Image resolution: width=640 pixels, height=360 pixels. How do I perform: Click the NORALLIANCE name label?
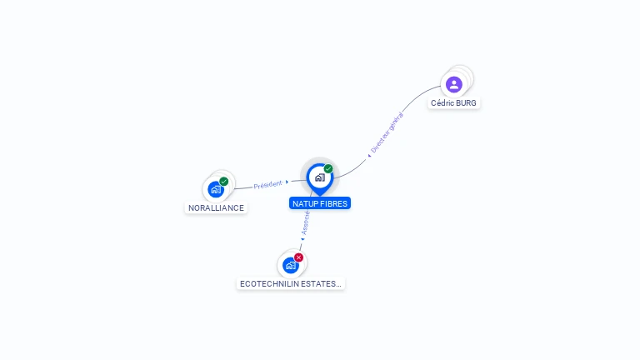(216, 207)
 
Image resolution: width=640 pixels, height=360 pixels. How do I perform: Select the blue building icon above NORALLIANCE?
(216, 189)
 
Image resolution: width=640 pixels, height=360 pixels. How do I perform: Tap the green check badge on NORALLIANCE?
(223, 181)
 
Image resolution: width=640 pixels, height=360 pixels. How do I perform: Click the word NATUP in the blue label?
(303, 203)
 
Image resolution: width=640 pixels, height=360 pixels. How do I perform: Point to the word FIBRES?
(332, 203)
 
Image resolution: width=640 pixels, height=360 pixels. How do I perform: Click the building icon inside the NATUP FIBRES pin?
(320, 177)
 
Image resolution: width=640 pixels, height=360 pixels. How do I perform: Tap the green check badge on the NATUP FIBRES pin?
(328, 168)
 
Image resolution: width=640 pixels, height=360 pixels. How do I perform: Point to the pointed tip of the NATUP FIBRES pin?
(320, 196)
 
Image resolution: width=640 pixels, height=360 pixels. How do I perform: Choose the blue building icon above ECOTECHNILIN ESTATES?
(290, 266)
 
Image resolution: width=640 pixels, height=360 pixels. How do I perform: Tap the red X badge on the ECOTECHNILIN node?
(299, 257)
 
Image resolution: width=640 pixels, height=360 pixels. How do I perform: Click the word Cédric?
(442, 102)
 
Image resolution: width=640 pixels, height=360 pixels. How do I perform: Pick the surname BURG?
(466, 102)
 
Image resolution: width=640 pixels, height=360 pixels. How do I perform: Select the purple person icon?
(454, 84)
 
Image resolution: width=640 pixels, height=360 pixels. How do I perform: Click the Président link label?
(267, 184)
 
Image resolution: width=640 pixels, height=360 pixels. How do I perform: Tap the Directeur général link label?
(387, 132)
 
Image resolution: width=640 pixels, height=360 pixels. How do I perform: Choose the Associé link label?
(305, 222)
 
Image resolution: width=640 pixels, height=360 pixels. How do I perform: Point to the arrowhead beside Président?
(287, 182)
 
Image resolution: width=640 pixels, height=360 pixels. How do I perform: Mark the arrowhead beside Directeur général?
(369, 156)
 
